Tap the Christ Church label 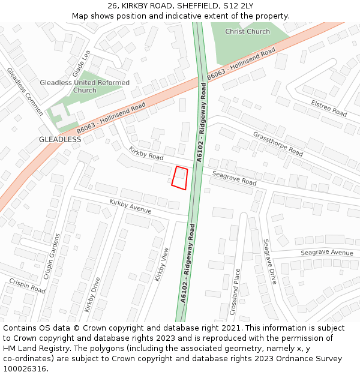pos(247,31)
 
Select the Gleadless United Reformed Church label pos(85,86)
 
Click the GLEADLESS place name pos(60,139)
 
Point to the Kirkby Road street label pos(146,153)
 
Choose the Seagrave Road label pos(234,178)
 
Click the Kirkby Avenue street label pos(130,206)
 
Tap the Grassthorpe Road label pos(278,143)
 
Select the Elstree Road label pos(329,109)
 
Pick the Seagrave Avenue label pos(327,253)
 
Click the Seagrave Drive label pos(270,262)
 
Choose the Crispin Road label pos(27,285)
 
